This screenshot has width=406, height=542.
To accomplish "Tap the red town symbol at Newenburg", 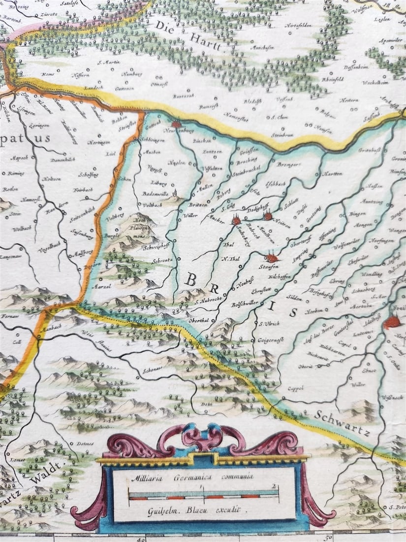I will (x=176, y=125).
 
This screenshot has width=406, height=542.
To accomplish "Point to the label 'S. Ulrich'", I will (x=269, y=323).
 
